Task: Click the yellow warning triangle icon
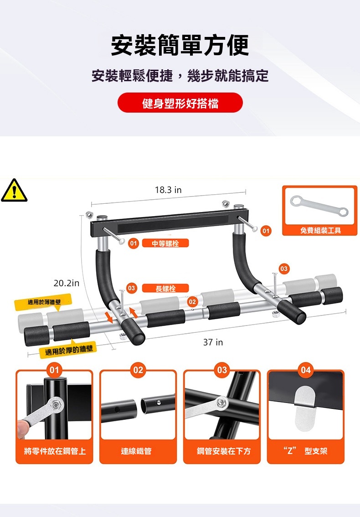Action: pyautogui.click(x=14, y=190)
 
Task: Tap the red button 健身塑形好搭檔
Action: pyautogui.click(x=180, y=103)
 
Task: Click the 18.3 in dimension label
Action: pyautogui.click(x=168, y=190)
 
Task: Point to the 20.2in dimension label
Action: pyautogui.click(x=67, y=283)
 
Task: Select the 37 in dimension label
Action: pyautogui.click(x=213, y=342)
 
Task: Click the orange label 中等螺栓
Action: pyautogui.click(x=165, y=243)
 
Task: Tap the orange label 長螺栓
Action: pyautogui.click(x=165, y=289)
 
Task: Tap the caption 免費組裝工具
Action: pyautogui.click(x=320, y=230)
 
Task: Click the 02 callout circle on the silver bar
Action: pyautogui.click(x=192, y=301)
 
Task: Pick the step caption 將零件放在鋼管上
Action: pyautogui.click(x=55, y=451)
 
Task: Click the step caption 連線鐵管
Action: pyautogui.click(x=136, y=451)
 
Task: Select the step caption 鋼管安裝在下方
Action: pyautogui.click(x=223, y=451)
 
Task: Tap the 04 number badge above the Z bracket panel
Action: pyautogui.click(x=306, y=370)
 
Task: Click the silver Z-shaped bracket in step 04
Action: pyautogui.click(x=304, y=409)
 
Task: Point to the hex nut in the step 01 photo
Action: pyautogui.click(x=56, y=404)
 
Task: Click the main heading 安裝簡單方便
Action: pyautogui.click(x=180, y=45)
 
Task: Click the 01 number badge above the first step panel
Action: pyautogui.click(x=54, y=370)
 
